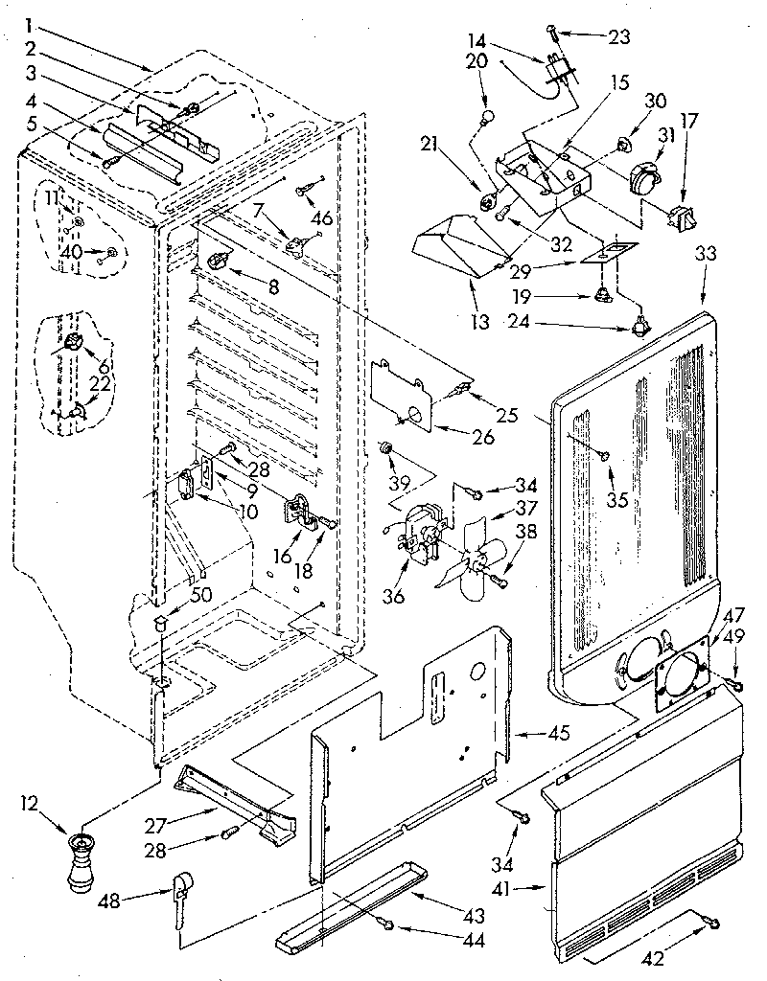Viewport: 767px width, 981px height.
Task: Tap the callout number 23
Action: click(619, 37)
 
